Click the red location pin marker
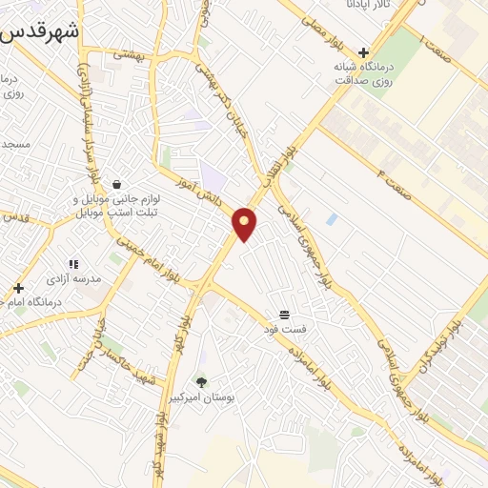(245, 223)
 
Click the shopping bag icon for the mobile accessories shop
(116, 185)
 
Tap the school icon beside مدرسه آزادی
(72, 264)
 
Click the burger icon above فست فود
(284, 314)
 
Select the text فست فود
(287, 329)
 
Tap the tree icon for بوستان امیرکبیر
(200, 381)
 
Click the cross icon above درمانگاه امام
(18, 287)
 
